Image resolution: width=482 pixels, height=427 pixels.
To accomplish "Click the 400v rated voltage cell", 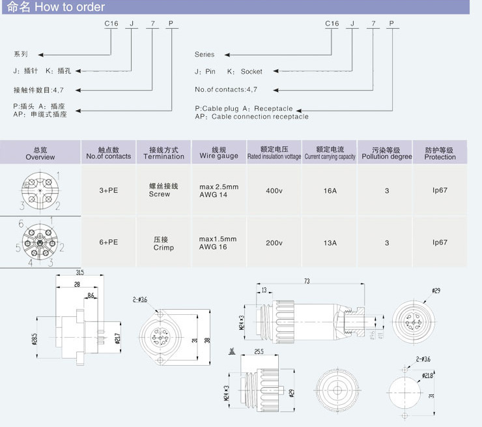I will (x=274, y=191).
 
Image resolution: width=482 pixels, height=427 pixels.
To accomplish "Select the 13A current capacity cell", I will (x=330, y=243).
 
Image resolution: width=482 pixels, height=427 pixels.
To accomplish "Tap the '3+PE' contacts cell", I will (x=108, y=191).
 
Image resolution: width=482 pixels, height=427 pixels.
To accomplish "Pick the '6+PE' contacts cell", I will (x=108, y=243).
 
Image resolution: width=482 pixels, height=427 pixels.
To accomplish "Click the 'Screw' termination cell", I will (x=159, y=194).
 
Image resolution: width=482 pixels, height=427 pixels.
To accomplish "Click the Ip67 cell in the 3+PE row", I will (x=440, y=191).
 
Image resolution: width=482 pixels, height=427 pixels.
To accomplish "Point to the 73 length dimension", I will (x=306, y=281).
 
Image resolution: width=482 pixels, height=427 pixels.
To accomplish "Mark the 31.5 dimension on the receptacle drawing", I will (x=79, y=272).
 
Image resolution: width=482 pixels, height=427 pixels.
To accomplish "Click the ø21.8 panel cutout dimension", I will (x=427, y=375).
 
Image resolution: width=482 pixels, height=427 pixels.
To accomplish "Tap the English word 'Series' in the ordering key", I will (x=205, y=55).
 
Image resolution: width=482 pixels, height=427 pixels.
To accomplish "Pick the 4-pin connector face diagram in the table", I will (x=40, y=191).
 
